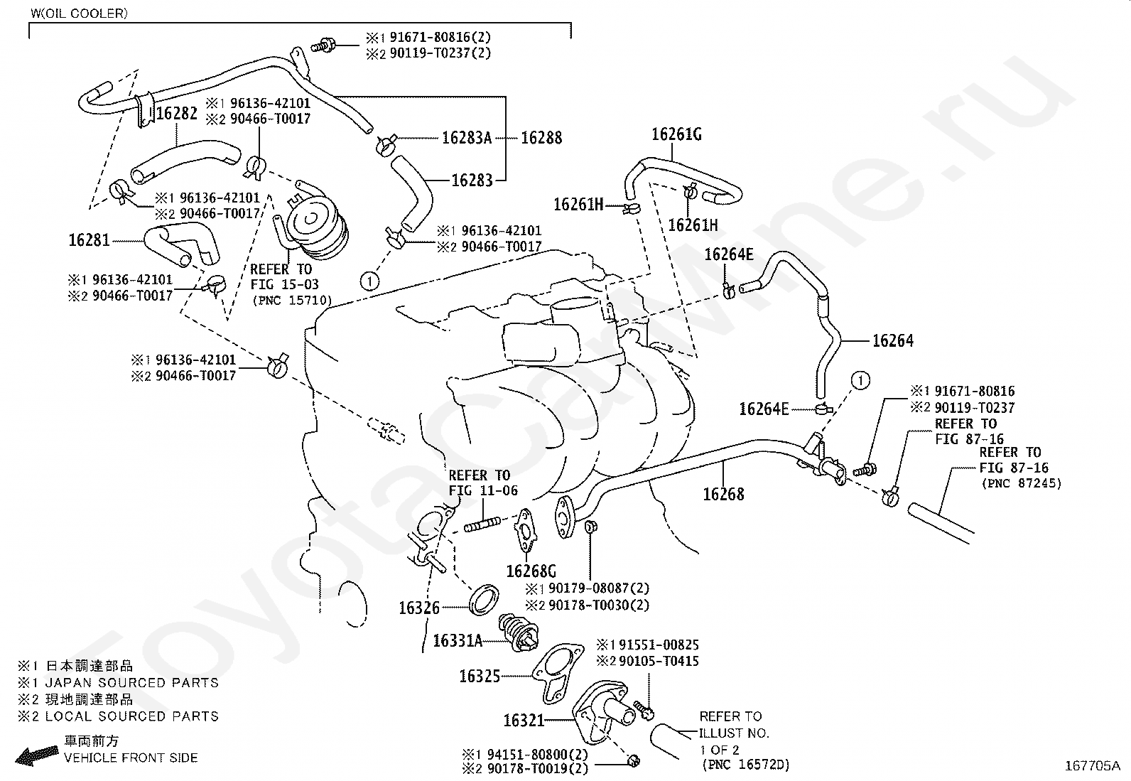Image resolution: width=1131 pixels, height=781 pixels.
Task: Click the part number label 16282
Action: pyautogui.click(x=177, y=113)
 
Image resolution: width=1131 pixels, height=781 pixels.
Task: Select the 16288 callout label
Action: pyautogui.click(x=541, y=137)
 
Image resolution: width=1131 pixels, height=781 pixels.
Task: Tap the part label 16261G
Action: pyautogui.click(x=676, y=134)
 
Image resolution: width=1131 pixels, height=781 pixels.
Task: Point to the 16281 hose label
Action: pyautogui.click(x=90, y=240)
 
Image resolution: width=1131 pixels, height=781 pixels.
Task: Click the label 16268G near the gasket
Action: pyautogui.click(x=531, y=571)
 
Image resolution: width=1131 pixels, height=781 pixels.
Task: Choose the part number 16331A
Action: pyautogui.click(x=458, y=641)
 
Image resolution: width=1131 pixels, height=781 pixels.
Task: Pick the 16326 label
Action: pyautogui.click(x=419, y=608)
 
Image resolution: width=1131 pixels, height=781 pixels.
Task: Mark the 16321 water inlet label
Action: pyautogui.click(x=524, y=721)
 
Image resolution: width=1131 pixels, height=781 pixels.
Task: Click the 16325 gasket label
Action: pyautogui.click(x=480, y=677)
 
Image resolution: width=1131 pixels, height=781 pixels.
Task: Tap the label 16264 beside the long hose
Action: pyautogui.click(x=893, y=341)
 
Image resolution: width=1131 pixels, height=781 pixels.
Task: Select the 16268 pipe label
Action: pyautogui.click(x=723, y=494)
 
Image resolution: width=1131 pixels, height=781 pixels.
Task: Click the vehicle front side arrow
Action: pyautogui.click(x=36, y=754)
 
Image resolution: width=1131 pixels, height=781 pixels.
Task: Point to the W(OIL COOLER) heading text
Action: pyautogui.click(x=80, y=14)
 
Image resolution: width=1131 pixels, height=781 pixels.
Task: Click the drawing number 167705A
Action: pyautogui.click(x=1092, y=766)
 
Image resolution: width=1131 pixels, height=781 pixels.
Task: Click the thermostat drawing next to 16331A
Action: pyautogui.click(x=519, y=632)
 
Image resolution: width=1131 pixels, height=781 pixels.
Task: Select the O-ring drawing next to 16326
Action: pyautogui.click(x=485, y=600)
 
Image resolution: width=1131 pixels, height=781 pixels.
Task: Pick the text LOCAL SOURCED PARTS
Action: pyautogui.click(x=131, y=716)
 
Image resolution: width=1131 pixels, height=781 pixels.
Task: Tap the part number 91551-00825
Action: pyautogui.click(x=659, y=645)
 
